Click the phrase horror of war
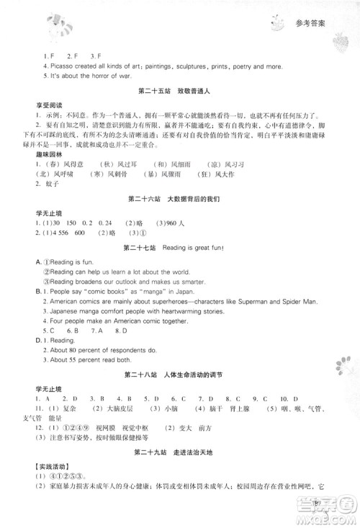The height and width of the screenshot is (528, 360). point(94,76)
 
